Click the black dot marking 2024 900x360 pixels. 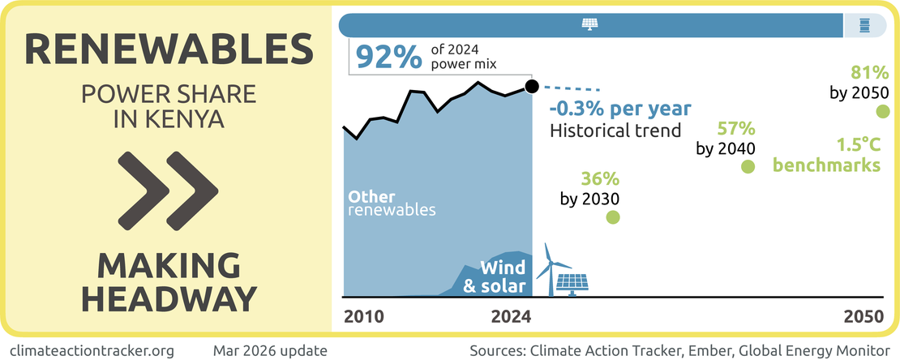pyautogui.click(x=531, y=86)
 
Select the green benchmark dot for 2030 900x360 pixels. pyautogui.click(x=613, y=217)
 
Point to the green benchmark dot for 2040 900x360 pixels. pyautogui.click(x=748, y=166)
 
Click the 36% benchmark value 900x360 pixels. pyautogui.click(x=600, y=178)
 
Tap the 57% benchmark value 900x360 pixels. pyautogui.click(x=736, y=128)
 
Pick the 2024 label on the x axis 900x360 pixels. pyautogui.click(x=511, y=317)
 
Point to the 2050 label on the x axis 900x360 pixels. pyautogui.click(x=862, y=317)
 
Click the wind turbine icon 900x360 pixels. pyautogui.click(x=549, y=268)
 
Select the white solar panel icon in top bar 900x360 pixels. pyautogui.click(x=589, y=25)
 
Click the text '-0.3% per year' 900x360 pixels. pyautogui.click(x=620, y=109)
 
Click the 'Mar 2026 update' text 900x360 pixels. pyautogui.click(x=270, y=350)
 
